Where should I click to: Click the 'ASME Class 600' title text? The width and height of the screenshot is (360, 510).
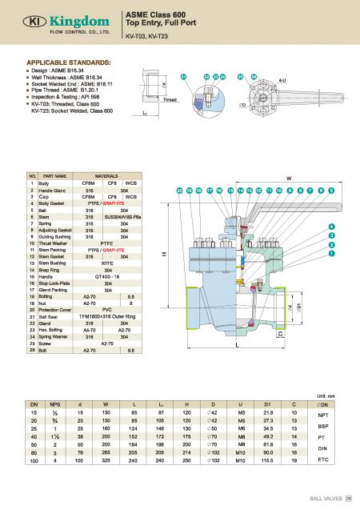click(154, 14)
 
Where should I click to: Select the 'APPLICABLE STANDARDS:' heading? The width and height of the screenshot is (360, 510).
click(69, 62)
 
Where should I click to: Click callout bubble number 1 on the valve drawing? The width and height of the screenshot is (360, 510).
click(330, 253)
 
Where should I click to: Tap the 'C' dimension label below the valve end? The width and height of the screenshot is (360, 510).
click(279, 336)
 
